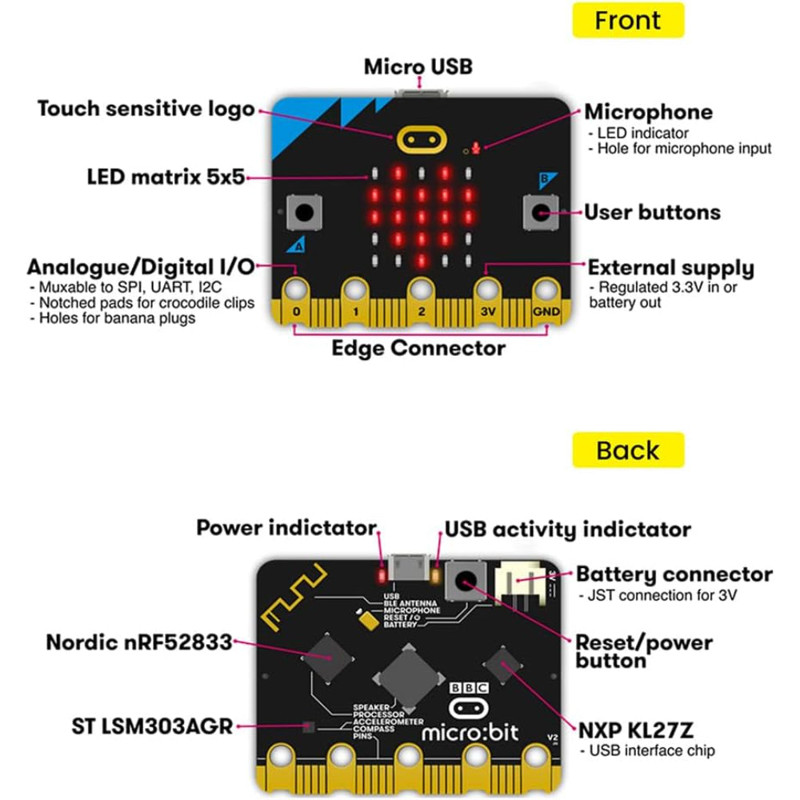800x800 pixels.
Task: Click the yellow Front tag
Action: point(628,20)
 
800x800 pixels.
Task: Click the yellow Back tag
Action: point(628,450)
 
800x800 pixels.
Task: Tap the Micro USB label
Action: point(418,67)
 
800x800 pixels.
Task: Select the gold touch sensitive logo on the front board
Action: point(422,140)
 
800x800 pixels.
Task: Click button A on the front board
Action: point(305,212)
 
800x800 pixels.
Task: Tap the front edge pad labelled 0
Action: point(297,301)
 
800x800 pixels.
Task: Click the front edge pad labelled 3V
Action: point(488,301)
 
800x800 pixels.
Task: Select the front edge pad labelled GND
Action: point(546,301)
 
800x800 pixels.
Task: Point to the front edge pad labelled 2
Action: point(422,301)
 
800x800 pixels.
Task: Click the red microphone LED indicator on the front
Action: point(476,148)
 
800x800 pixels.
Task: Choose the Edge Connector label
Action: point(418,349)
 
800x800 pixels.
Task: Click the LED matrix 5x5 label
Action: point(166,177)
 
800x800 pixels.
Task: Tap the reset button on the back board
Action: point(466,581)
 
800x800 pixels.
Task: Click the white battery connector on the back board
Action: point(517,582)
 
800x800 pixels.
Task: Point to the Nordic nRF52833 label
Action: point(138,642)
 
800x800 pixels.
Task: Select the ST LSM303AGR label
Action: point(152,726)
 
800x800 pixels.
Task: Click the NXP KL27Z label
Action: point(636,730)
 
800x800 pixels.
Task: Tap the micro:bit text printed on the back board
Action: point(470,733)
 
